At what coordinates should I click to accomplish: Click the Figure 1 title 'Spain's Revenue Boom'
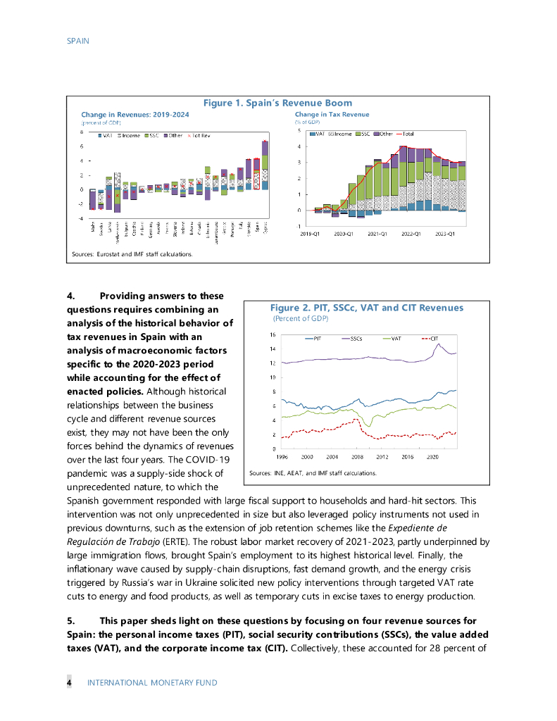click(x=277, y=104)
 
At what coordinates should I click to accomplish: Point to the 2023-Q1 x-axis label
click(x=445, y=232)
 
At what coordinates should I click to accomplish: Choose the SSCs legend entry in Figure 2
click(x=352, y=339)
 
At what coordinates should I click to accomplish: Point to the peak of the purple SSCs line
click(x=439, y=344)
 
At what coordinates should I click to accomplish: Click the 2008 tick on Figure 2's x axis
click(x=357, y=457)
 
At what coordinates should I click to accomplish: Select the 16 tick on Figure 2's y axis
click(x=273, y=335)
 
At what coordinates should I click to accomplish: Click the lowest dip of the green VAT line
click(x=370, y=426)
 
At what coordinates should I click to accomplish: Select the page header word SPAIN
click(x=78, y=41)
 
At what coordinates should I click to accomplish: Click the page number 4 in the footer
click(x=69, y=682)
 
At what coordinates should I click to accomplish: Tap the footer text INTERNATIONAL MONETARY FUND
click(x=152, y=682)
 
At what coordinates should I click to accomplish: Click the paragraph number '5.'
click(x=71, y=620)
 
